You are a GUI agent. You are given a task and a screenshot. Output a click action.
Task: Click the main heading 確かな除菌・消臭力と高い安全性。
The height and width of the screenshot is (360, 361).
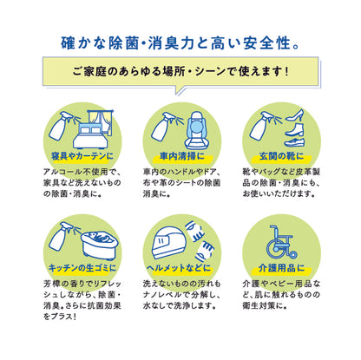(180, 40)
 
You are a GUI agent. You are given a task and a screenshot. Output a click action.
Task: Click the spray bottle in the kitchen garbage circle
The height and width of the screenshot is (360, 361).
(62, 236)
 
